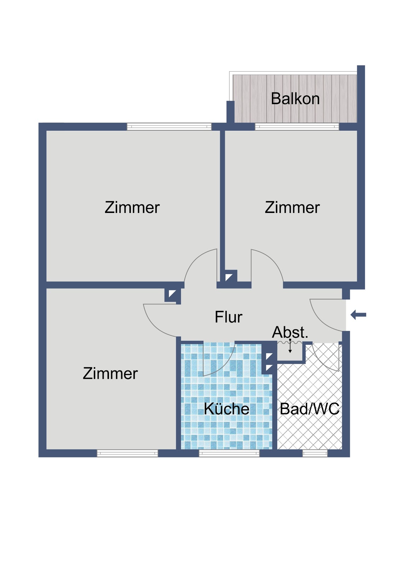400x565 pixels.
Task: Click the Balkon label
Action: (x=295, y=99)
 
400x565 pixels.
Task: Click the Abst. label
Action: (x=290, y=332)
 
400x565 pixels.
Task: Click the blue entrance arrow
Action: (x=358, y=315)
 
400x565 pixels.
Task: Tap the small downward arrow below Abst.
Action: (x=290, y=346)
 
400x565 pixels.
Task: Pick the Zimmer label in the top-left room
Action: (x=132, y=207)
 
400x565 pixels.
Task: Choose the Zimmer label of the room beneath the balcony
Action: (x=292, y=207)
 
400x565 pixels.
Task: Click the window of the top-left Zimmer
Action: (x=169, y=126)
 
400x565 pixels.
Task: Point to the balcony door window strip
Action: (x=297, y=126)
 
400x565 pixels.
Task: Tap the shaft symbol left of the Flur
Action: (x=173, y=295)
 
